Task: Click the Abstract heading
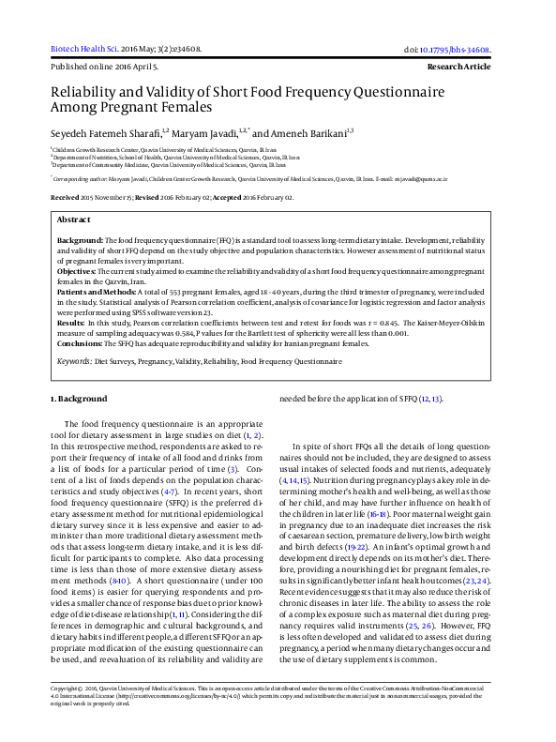[x=74, y=219]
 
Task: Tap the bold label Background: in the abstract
[x=80, y=241]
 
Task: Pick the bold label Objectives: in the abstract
[x=78, y=269]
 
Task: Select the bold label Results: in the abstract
[x=71, y=323]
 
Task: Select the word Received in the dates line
[x=65, y=198]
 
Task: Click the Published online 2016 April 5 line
[x=103, y=68]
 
